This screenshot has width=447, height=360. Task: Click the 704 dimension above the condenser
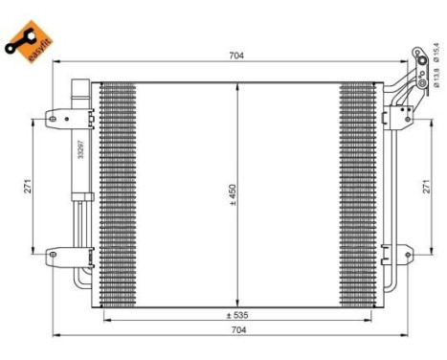click(237, 56)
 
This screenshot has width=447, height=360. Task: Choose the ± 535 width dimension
click(237, 313)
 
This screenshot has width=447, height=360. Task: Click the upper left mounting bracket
click(55, 121)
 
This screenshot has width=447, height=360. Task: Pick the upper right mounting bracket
click(391, 121)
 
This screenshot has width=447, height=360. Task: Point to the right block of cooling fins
click(359, 191)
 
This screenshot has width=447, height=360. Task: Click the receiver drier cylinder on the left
click(80, 144)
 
